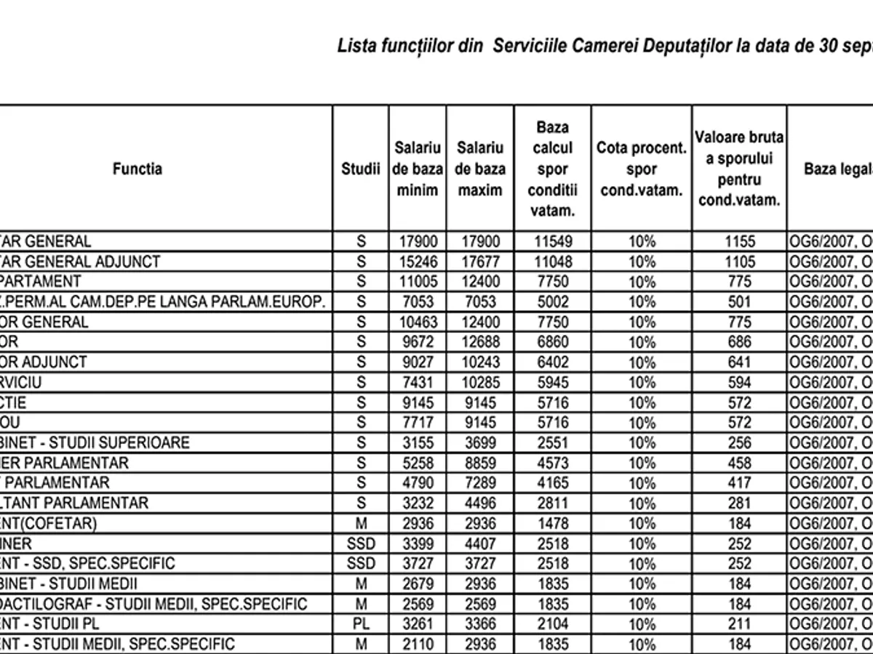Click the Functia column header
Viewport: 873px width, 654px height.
click(137, 169)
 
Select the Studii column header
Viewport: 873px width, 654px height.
click(361, 169)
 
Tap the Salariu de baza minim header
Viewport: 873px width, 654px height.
click(418, 169)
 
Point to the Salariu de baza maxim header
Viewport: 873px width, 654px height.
click(480, 169)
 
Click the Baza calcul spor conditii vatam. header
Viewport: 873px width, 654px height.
click(552, 169)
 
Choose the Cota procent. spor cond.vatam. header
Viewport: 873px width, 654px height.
click(641, 169)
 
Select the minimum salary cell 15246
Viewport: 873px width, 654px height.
click(418, 261)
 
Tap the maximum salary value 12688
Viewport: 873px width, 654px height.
click(480, 342)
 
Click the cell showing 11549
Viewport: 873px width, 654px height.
click(552, 241)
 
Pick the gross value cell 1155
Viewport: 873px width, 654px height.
click(738, 241)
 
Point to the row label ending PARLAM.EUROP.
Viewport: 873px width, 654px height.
click(162, 302)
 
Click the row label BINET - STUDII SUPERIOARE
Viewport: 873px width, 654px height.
click(95, 443)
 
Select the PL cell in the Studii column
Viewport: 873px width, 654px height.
click(361, 623)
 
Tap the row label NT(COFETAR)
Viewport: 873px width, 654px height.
click(48, 523)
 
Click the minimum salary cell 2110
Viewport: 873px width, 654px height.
click(418, 644)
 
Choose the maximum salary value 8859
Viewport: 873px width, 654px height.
click(480, 463)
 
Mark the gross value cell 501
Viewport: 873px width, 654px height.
click(738, 302)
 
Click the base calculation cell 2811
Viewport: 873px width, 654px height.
click(552, 503)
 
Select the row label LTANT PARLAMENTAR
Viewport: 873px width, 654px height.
click(74, 503)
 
